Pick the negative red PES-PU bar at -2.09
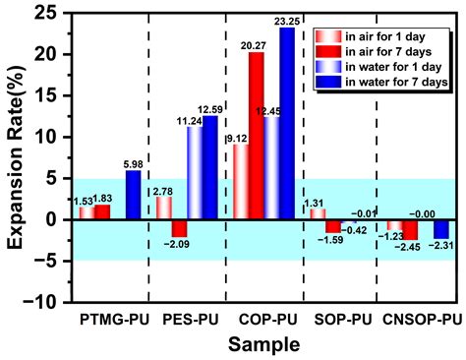[x=178, y=228]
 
